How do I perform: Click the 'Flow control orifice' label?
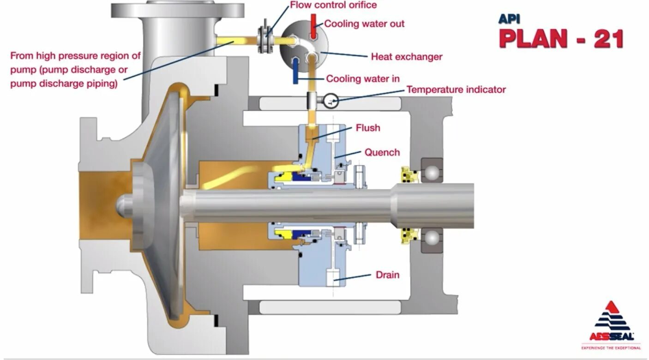(x=333, y=6)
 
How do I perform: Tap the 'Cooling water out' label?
(x=364, y=24)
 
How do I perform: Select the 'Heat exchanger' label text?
(x=406, y=57)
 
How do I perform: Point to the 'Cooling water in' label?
(x=363, y=79)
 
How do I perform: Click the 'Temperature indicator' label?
(x=456, y=90)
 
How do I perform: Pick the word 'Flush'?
(x=368, y=127)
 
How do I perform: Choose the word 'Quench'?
(x=382, y=152)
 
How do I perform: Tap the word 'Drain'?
(x=387, y=275)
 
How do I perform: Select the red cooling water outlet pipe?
(x=313, y=26)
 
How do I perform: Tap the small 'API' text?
(x=509, y=19)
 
